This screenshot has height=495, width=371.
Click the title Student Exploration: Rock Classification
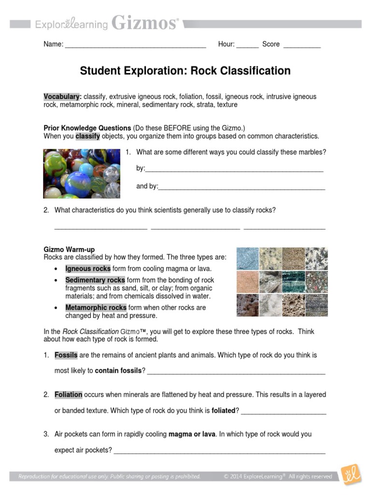tap(185, 71)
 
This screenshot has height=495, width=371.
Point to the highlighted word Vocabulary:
tap(62, 97)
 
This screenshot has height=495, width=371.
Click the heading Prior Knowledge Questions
tap(87, 128)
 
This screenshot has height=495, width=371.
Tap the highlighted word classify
tap(87, 136)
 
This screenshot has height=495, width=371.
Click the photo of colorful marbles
tap(82, 174)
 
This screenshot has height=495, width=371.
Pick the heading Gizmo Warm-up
tap(69, 249)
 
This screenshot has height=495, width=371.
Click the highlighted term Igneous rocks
tap(88, 269)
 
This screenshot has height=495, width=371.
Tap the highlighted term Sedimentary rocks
tap(95, 280)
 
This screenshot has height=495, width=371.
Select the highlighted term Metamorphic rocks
tap(96, 307)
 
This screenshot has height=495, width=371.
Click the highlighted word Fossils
tap(66, 355)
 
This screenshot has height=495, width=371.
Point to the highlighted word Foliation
tap(68, 395)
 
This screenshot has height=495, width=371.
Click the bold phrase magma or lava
tap(192, 434)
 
